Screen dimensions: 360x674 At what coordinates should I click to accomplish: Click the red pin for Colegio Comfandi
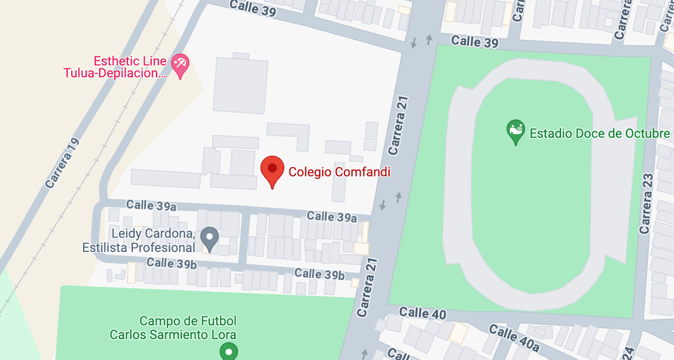point(272,170)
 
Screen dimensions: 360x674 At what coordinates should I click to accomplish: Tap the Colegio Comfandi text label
point(339,172)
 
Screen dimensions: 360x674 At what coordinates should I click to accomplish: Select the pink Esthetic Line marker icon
point(180,65)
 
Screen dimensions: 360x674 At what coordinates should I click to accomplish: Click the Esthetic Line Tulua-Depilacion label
point(116,67)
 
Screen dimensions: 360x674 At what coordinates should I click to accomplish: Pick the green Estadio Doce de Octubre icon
point(515,132)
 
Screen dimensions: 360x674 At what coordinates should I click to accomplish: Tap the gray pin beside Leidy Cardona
point(210,238)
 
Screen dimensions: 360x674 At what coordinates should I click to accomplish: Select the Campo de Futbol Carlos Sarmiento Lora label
point(173,328)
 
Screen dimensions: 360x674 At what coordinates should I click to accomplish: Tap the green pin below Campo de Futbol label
point(229,353)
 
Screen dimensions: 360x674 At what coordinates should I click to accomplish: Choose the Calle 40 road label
point(422,313)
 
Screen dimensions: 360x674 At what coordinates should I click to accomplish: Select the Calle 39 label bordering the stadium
point(475,42)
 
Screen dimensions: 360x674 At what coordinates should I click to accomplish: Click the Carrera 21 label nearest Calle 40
point(368,286)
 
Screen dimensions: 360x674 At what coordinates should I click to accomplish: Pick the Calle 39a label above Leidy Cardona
point(151,205)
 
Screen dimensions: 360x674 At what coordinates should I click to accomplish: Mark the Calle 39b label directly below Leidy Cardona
point(172,263)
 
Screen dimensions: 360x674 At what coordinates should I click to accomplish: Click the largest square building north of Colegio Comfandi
point(240,85)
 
